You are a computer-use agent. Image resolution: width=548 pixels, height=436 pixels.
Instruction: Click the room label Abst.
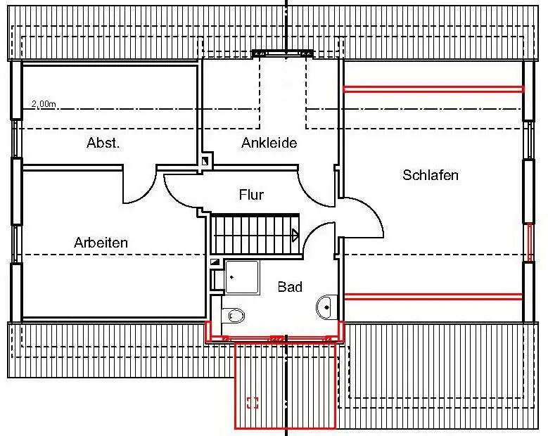(x=103, y=143)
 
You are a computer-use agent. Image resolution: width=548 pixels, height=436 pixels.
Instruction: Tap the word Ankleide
(x=269, y=143)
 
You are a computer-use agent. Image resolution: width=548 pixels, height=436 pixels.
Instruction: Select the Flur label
(x=251, y=195)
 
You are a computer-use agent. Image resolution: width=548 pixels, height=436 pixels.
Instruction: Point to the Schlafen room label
(x=431, y=175)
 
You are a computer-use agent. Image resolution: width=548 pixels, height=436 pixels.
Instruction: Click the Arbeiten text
(x=101, y=243)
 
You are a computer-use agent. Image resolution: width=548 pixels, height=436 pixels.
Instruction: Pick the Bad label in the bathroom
(x=290, y=287)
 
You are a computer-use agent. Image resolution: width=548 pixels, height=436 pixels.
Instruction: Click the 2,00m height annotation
(x=43, y=104)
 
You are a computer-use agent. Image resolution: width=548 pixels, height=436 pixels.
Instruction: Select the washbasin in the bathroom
(x=326, y=306)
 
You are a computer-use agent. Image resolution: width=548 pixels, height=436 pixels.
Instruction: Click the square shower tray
(x=241, y=276)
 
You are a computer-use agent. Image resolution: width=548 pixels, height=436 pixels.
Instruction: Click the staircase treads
(x=253, y=234)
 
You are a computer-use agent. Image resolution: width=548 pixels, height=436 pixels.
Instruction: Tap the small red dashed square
(x=253, y=403)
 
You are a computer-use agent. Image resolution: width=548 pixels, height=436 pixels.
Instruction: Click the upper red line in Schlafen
(x=433, y=89)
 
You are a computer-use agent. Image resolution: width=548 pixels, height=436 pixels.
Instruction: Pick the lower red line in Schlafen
(x=433, y=297)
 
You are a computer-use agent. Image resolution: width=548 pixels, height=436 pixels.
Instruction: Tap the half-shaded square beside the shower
(x=215, y=263)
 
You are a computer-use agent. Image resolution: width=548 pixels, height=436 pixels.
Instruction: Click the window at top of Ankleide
(x=283, y=53)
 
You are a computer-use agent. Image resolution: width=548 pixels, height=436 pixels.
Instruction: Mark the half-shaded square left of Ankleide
(x=205, y=161)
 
